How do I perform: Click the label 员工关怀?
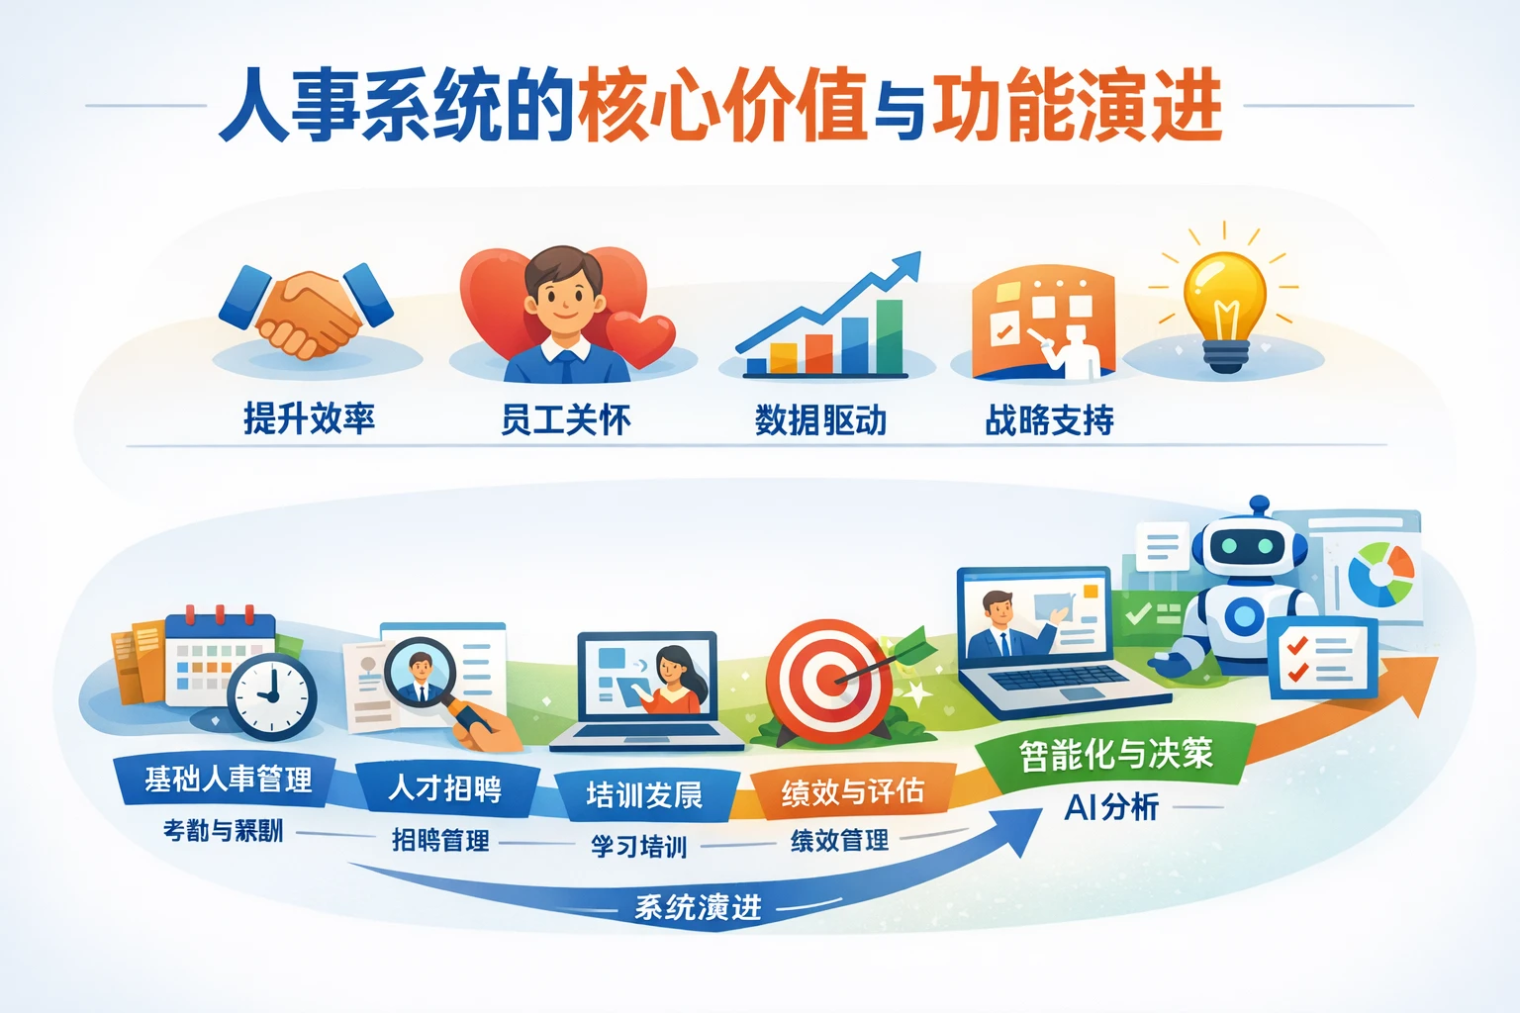tap(565, 420)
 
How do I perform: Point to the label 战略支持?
tap(1049, 420)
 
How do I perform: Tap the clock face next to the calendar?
tap(272, 695)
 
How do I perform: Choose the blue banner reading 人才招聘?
tap(445, 788)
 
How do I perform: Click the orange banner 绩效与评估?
tap(852, 791)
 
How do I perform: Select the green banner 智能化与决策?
tap(1115, 755)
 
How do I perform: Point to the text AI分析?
tap(1110, 807)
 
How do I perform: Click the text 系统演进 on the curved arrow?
tap(698, 906)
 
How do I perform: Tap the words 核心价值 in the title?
tap(722, 106)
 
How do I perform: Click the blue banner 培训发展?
tap(644, 794)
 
